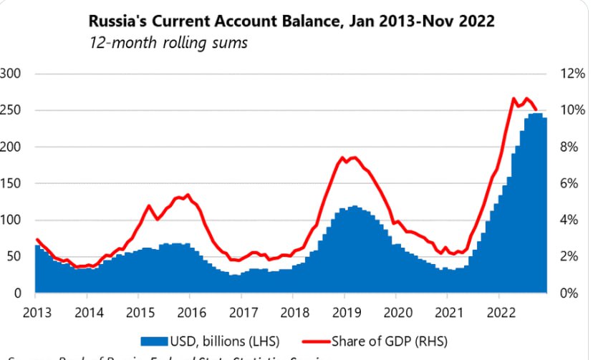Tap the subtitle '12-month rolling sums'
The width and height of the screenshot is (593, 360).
click(x=168, y=43)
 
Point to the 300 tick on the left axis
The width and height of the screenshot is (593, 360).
click(x=12, y=74)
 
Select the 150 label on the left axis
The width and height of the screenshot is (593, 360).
click(x=12, y=183)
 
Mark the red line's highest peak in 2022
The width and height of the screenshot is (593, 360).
click(x=514, y=98)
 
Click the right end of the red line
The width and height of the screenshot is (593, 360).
click(x=536, y=109)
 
